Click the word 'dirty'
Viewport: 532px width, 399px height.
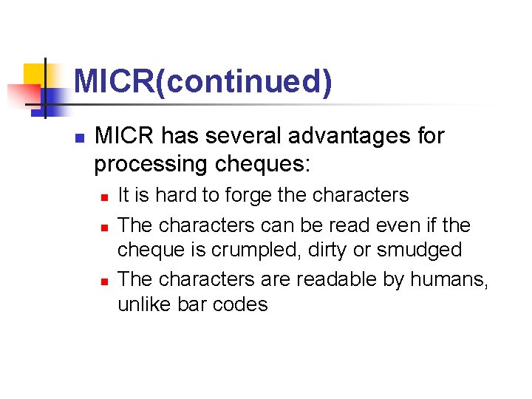349,250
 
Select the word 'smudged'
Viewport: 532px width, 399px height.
420,250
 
